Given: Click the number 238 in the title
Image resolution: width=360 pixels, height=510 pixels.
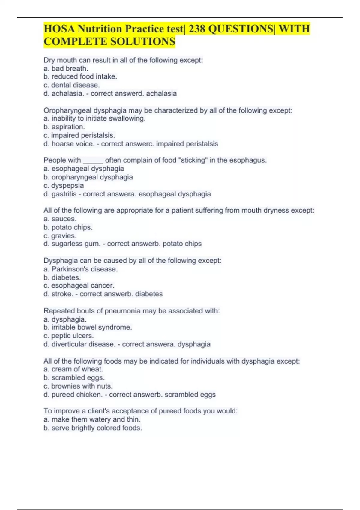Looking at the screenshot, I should [197, 29].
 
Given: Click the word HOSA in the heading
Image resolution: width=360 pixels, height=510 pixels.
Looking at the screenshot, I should [59, 29].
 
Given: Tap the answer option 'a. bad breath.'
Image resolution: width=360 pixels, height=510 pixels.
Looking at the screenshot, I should [66, 68].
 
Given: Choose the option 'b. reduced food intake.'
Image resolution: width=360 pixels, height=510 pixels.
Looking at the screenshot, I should [80, 76].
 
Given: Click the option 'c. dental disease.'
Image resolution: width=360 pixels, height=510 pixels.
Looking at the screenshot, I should [72, 85].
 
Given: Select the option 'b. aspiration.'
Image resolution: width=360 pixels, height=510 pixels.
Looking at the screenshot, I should [64, 127].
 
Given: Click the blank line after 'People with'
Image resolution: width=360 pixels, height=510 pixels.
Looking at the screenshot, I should [93, 160].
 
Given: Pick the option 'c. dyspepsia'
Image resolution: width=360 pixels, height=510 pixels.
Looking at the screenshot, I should [64, 185].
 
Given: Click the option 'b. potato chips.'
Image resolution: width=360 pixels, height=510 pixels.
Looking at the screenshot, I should [68, 227].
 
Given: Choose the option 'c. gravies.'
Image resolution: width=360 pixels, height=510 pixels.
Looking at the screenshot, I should [60, 236].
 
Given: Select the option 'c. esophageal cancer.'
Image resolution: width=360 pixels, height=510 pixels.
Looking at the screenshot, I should [79, 286].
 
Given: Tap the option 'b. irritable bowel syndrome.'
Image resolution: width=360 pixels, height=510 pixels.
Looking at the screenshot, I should [88, 327].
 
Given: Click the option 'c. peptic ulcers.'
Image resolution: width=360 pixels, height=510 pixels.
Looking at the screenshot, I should [69, 336].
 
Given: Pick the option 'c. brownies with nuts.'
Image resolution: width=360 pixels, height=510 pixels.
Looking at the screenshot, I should [78, 386].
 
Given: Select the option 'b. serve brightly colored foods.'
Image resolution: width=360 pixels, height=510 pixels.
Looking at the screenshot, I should [93, 428].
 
